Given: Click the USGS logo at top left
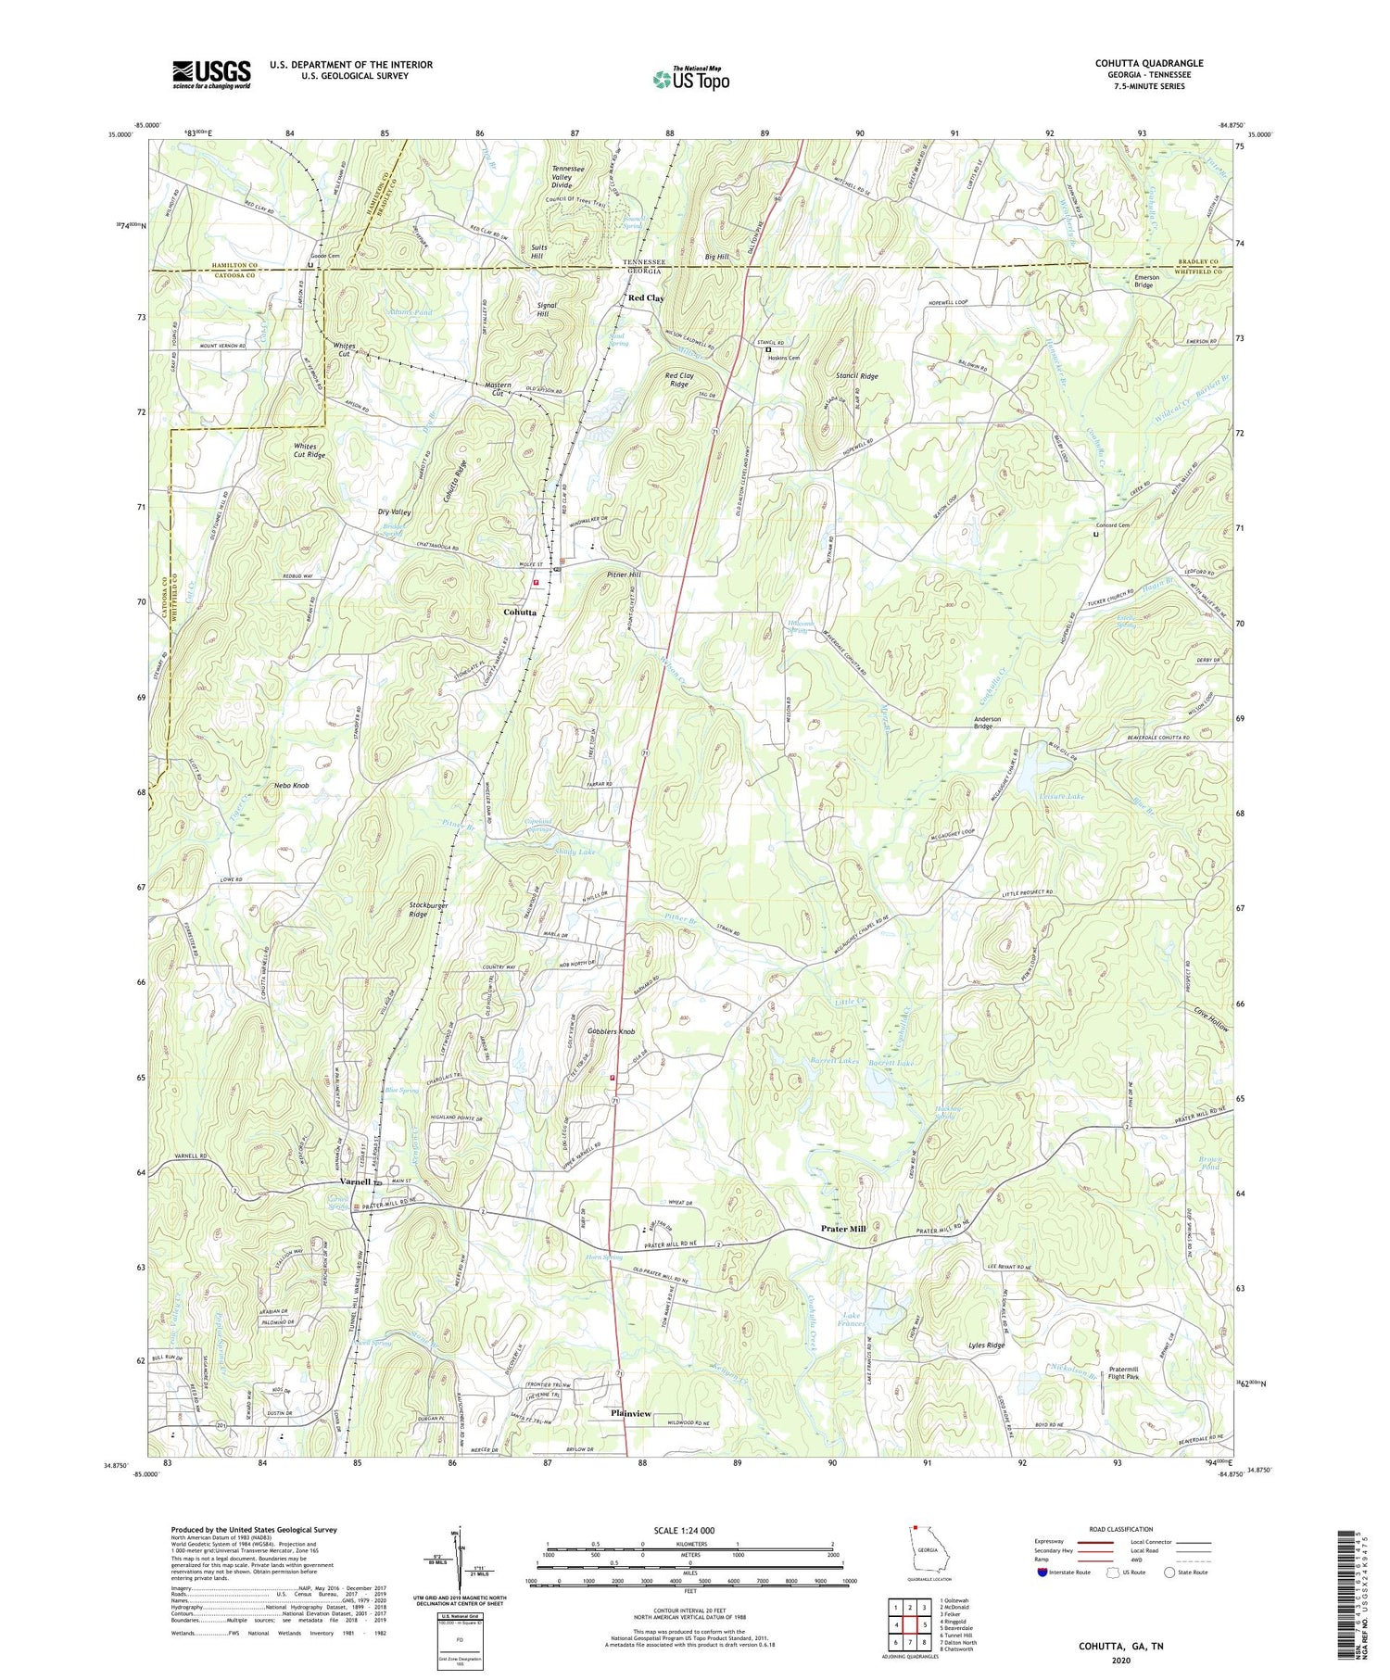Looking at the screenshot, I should tap(211, 74).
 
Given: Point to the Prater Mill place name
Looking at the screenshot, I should tap(843, 1229).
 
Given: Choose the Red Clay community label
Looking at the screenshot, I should tap(646, 298).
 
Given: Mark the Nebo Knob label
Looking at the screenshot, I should tap(292, 785).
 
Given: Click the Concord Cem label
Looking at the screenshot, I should tap(1113, 525).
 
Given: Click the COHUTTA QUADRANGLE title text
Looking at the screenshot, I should tap(1149, 63).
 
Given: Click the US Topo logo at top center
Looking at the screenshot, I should tap(690, 79).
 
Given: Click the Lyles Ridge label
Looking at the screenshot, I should tap(986, 1345).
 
